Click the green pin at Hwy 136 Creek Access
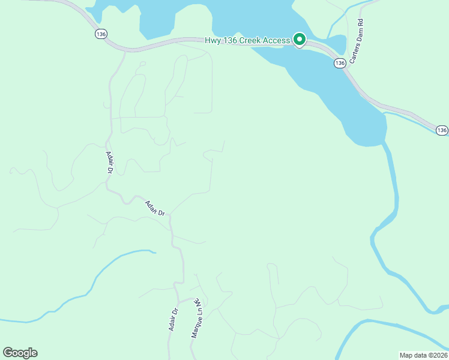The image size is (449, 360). (x=300, y=40)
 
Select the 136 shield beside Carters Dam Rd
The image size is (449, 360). (x=340, y=62)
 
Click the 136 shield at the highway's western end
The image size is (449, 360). (x=100, y=35)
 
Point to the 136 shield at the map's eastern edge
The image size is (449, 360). (x=442, y=130)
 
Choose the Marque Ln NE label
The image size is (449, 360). (x=195, y=318)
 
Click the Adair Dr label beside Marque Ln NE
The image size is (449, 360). (x=174, y=320)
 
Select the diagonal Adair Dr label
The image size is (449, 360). (x=154, y=208)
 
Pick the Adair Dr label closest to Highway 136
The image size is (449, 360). (x=110, y=162)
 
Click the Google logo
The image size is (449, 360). (x=20, y=353)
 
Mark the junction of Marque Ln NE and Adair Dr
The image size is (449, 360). (x=178, y=301)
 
